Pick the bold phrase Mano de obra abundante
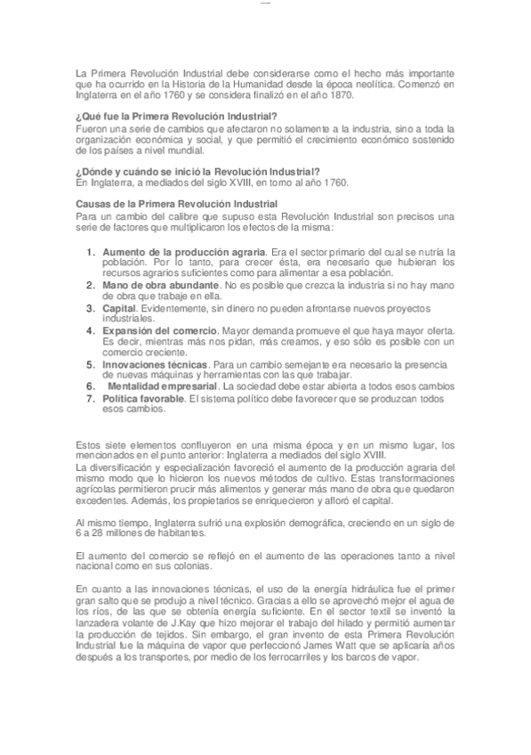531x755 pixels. point(159,285)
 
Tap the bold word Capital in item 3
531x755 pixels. point(119,307)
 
